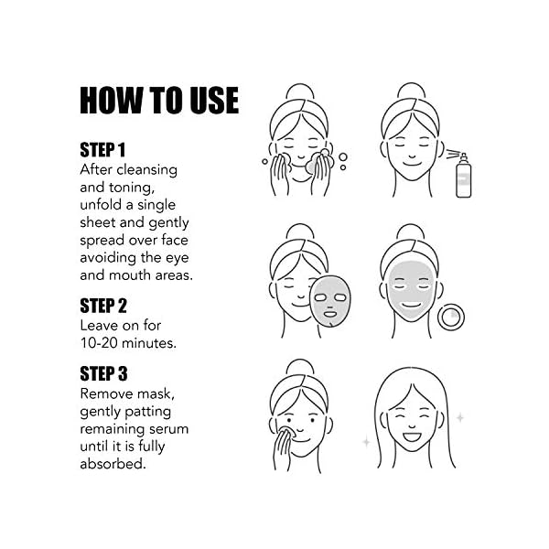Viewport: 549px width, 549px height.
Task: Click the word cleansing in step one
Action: click(x=145, y=170)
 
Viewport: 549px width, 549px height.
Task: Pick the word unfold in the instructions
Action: click(x=102, y=205)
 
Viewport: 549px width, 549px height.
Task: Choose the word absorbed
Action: click(x=113, y=464)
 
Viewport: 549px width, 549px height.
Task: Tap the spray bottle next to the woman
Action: click(x=464, y=171)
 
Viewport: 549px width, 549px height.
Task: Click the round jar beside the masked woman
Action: click(x=451, y=318)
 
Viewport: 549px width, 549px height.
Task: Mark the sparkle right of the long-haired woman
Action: click(x=459, y=418)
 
